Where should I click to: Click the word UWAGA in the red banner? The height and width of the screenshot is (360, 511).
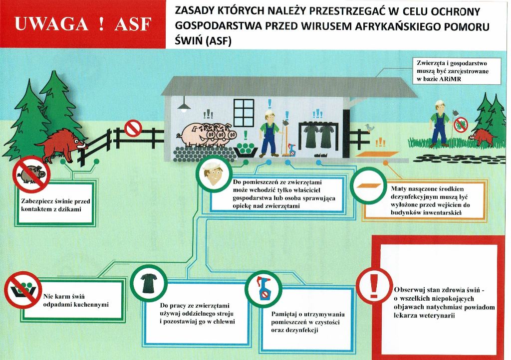(51, 24)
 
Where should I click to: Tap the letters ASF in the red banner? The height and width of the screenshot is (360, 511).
(133, 24)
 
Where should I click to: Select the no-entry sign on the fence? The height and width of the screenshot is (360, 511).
(133, 128)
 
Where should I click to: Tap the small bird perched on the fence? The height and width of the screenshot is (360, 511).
(369, 128)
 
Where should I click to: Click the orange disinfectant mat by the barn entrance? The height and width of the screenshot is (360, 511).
(376, 154)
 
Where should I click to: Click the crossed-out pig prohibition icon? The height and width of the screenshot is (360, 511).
(31, 174)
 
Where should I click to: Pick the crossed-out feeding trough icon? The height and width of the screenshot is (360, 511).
(23, 290)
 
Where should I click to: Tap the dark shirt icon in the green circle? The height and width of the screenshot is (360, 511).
(149, 283)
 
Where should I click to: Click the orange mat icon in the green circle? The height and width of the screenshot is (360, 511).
(368, 186)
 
